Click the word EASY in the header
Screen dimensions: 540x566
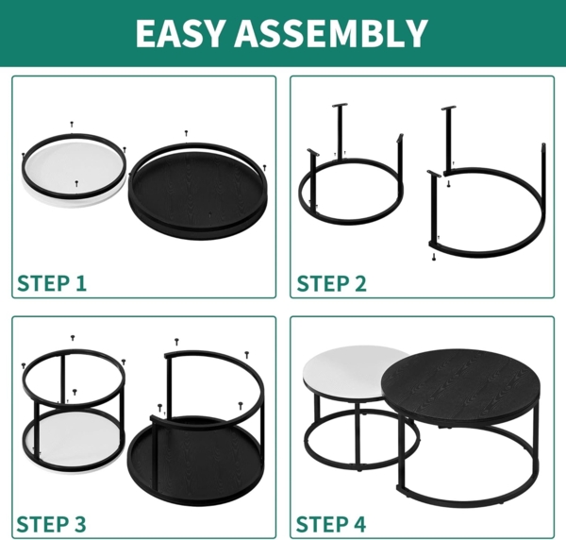point(180,33)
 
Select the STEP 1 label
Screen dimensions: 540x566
point(52,282)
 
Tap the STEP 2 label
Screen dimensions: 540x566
point(331,282)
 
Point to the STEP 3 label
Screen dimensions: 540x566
point(52,523)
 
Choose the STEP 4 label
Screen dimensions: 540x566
point(331,523)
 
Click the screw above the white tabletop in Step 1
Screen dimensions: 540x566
point(72,124)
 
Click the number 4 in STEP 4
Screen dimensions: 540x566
point(359,523)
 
